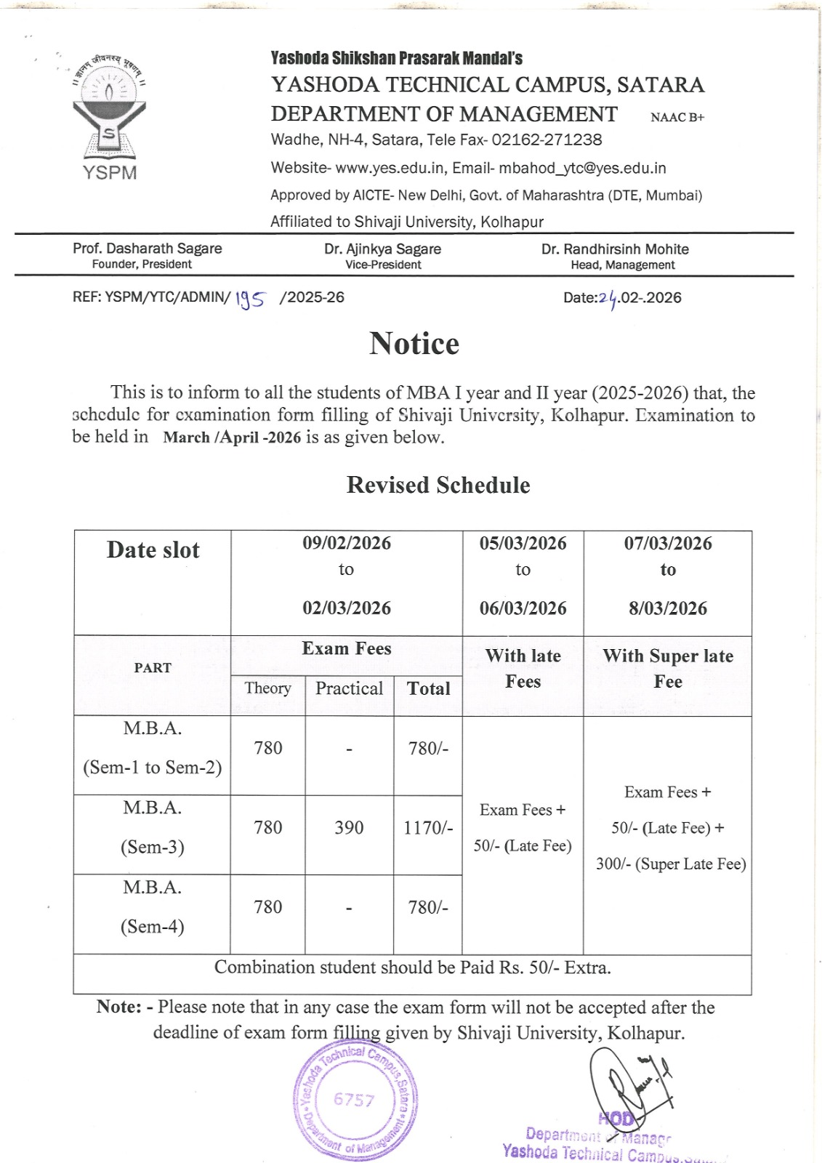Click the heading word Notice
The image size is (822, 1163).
click(414, 344)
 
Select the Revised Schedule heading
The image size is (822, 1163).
click(438, 485)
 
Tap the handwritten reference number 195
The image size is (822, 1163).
click(250, 298)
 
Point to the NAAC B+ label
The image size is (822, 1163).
click(677, 117)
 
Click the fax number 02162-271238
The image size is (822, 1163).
click(547, 140)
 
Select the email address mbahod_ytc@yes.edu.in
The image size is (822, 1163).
click(582, 168)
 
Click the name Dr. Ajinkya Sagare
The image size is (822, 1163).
click(382, 249)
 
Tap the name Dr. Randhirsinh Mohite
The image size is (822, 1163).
click(615, 249)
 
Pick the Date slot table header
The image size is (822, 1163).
click(153, 550)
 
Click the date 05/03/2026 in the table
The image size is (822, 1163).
click(523, 543)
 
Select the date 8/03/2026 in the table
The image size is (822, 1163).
click(667, 608)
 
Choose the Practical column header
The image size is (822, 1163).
click(349, 688)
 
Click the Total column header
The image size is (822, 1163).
click(428, 688)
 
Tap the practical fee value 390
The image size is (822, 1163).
click(349, 827)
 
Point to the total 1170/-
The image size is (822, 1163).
click(428, 827)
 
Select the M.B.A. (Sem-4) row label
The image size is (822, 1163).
click(153, 907)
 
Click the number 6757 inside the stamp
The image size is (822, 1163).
click(354, 1100)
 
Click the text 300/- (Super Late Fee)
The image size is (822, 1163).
click(671, 864)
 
